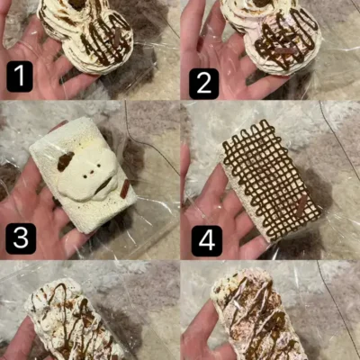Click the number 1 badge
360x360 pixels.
(x=20, y=76)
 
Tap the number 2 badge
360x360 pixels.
(x=204, y=84)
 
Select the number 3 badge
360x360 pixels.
(x=21, y=238)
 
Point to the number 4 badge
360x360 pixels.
(x=207, y=241)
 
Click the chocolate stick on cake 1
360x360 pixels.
(x=118, y=36)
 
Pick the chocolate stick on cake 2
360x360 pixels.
(x=285, y=50)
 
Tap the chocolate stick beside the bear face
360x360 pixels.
(x=125, y=189)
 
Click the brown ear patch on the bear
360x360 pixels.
(x=66, y=161)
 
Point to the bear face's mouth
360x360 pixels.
(x=103, y=185)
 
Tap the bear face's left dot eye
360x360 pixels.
(x=85, y=176)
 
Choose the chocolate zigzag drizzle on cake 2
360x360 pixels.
(x=285, y=39)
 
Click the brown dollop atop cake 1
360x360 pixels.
(x=77, y=4)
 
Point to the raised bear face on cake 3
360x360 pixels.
(x=87, y=173)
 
